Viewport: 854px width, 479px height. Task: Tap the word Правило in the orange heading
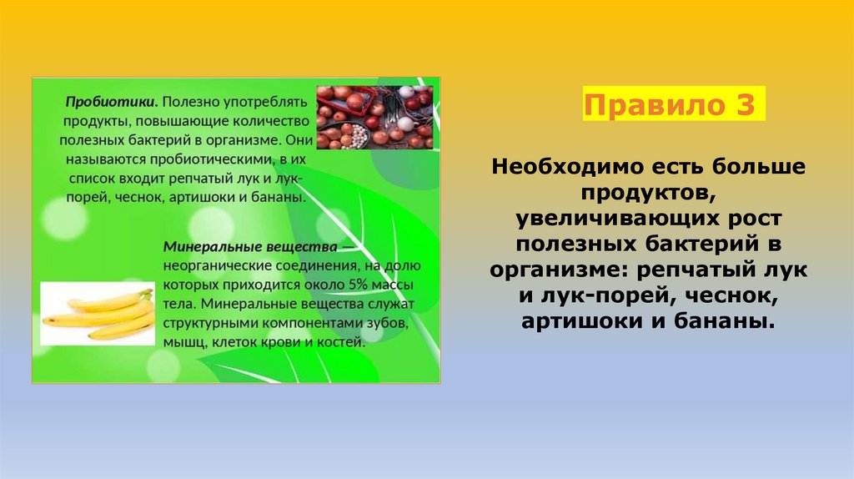click(656, 106)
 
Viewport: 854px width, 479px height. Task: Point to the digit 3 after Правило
click(745, 106)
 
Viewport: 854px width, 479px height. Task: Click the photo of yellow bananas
click(98, 314)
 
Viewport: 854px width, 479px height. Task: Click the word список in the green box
click(83, 179)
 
